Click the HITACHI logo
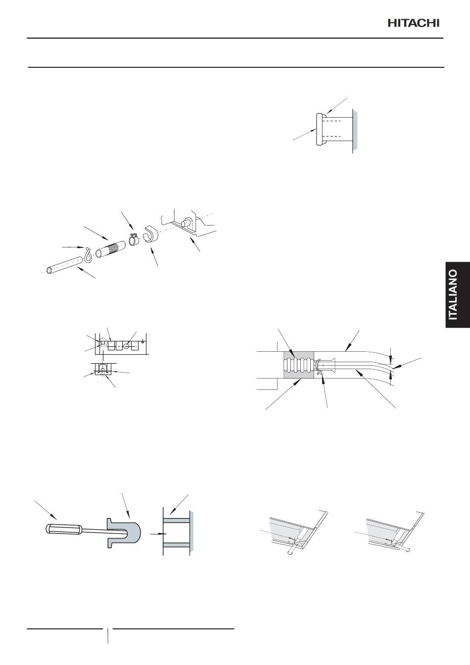pos(413,23)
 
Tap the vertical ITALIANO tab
pos(458,295)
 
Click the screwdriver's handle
pos(63,529)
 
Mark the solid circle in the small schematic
pos(127,345)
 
